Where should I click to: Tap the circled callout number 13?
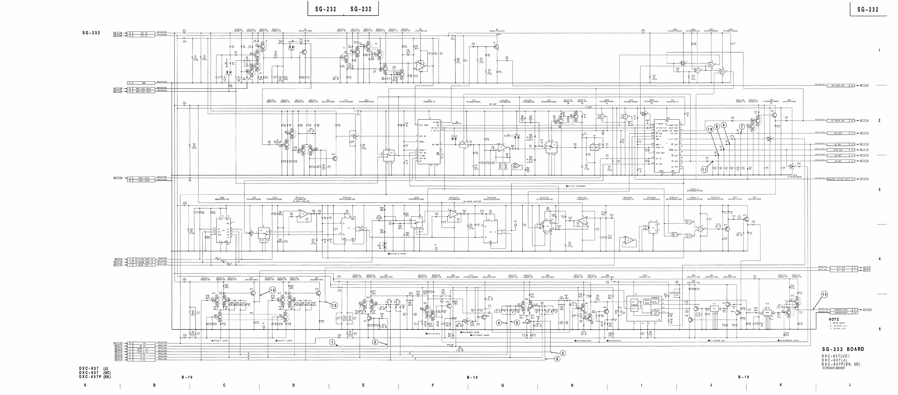pyautogui.click(x=272, y=290)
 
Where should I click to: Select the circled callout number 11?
pyautogui.click(x=704, y=170)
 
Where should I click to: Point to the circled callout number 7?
pyautogui.click(x=742, y=126)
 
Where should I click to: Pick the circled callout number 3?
pyautogui.click(x=563, y=353)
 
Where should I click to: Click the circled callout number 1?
pyautogui.click(x=333, y=342)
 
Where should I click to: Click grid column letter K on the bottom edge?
pyautogui.click(x=781, y=385)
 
